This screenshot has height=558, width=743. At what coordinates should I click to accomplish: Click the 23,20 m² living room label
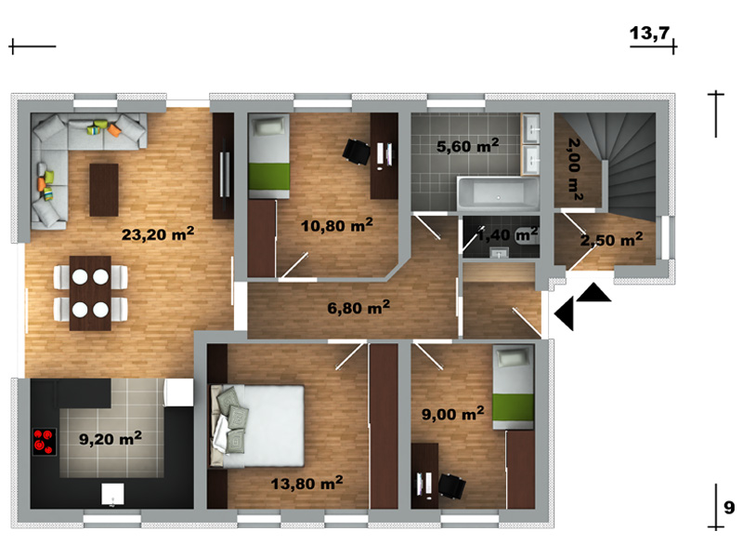click(158, 233)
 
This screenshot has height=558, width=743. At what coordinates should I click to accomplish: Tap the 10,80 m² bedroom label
click(337, 224)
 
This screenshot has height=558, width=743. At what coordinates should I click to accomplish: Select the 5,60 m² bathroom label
click(468, 145)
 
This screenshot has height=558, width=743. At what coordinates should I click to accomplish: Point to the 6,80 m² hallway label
click(358, 307)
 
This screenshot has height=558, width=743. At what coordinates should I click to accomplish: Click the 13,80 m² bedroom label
click(307, 483)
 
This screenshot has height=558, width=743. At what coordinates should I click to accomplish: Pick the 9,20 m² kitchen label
click(111, 438)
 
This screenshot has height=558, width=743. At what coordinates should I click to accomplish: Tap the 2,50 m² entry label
click(612, 239)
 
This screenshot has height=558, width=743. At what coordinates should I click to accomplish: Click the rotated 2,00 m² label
click(574, 169)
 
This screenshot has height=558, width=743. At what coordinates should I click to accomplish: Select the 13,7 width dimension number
click(649, 33)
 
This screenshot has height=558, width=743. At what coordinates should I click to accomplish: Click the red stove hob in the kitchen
click(44, 442)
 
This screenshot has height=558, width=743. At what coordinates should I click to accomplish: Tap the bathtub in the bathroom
click(498, 193)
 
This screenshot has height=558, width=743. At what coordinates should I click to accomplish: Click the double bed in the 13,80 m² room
click(257, 426)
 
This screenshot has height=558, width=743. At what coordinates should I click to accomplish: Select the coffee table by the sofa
click(104, 190)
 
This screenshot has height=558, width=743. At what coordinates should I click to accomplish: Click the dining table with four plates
click(90, 293)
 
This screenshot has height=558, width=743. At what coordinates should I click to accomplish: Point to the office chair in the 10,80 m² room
click(357, 152)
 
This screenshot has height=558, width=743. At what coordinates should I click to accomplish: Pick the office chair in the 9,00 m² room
click(451, 486)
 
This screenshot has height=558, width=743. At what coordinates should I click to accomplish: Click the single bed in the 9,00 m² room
click(514, 387)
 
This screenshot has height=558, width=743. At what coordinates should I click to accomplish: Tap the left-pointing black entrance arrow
click(564, 313)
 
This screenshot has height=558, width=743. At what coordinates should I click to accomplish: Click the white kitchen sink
click(112, 494)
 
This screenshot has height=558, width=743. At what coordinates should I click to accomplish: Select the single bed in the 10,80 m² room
click(268, 156)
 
